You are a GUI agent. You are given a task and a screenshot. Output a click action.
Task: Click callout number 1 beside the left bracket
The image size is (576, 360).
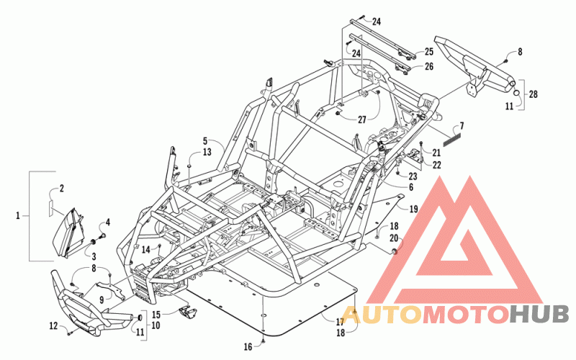[x=17, y=215]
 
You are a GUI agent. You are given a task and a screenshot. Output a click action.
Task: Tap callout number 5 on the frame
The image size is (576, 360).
[x=205, y=140]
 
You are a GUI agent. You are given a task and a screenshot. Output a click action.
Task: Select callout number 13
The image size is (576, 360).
[x=207, y=152]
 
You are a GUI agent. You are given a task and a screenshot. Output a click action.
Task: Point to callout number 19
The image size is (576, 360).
[x=413, y=209]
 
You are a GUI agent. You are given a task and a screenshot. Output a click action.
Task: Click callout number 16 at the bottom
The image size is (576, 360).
[x=248, y=346]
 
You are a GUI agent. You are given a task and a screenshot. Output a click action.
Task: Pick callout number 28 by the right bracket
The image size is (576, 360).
[x=534, y=94]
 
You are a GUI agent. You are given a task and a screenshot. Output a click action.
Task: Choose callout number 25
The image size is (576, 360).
[x=429, y=52]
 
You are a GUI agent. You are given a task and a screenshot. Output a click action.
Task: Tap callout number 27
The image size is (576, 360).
[x=362, y=120]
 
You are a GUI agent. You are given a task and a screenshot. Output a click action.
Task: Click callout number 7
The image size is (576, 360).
[x=462, y=126]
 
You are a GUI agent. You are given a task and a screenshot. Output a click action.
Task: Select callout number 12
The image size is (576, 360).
[x=53, y=325]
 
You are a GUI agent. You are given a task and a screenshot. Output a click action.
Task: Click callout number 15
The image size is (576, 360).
[x=156, y=315]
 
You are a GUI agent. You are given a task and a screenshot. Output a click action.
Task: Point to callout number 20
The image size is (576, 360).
[x=394, y=238]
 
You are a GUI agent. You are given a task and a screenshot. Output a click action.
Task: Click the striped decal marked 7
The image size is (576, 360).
[x=451, y=140]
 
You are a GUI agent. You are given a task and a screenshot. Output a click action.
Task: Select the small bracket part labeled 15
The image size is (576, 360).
[x=187, y=313]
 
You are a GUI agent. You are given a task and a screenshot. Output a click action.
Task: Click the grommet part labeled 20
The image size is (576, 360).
[x=395, y=251]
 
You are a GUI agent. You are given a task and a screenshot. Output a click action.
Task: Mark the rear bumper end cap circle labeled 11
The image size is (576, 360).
[x=517, y=93]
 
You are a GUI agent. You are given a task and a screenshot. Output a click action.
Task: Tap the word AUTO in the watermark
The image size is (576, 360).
[x=382, y=314]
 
